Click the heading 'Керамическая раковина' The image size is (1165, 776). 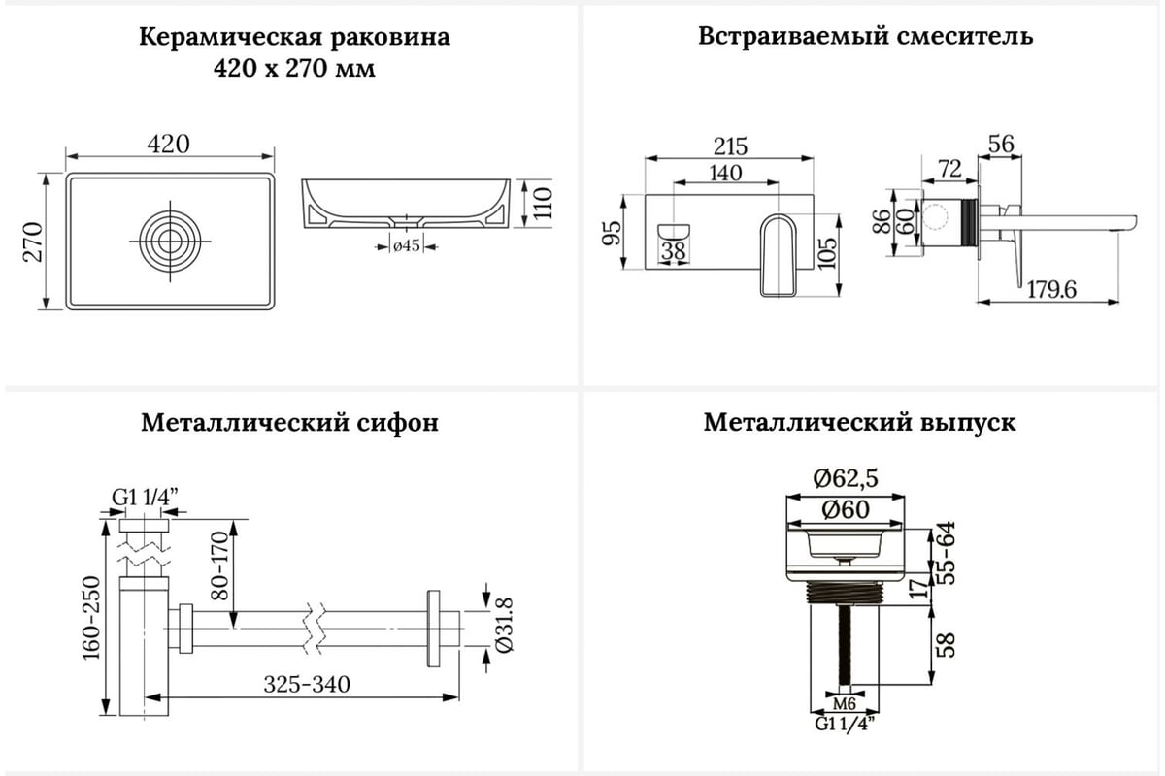click(295, 38)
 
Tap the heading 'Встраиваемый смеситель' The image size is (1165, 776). click(865, 37)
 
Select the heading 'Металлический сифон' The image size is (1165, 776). click(289, 424)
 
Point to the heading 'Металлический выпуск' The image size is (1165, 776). click(860, 424)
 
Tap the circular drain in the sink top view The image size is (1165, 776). click(170, 239)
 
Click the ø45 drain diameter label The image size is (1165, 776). click(407, 246)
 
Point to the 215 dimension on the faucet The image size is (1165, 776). click(730, 146)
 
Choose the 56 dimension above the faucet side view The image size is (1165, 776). click(1000, 145)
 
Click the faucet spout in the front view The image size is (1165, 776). click(777, 254)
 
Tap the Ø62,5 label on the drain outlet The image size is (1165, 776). click(847, 477)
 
